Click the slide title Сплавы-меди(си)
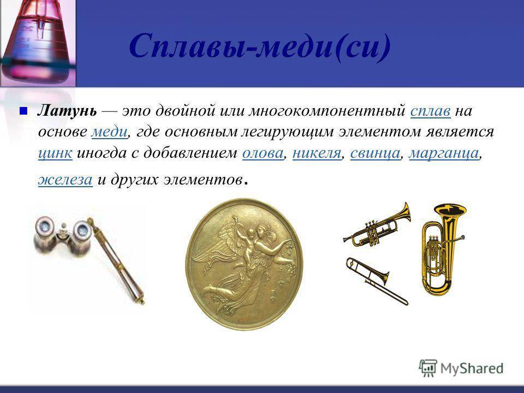(x=260, y=47)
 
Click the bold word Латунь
(x=67, y=111)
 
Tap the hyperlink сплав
(x=431, y=111)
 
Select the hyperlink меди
(x=109, y=132)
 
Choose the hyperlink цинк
(x=55, y=153)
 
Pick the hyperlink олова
(x=263, y=153)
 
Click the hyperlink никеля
(x=317, y=153)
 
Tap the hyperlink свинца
(x=375, y=153)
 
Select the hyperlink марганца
(x=444, y=153)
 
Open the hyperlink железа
(x=65, y=180)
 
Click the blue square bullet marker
(x=23, y=111)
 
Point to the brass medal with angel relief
(x=245, y=264)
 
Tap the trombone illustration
(x=377, y=281)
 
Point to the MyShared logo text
(x=472, y=368)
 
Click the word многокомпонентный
(x=327, y=111)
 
